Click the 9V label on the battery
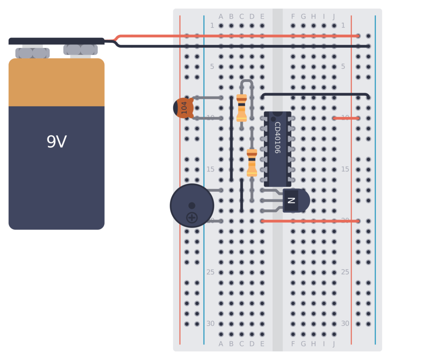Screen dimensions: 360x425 tap(56, 142)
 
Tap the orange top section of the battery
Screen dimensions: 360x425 tap(56, 82)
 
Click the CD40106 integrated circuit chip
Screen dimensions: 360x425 tap(277, 149)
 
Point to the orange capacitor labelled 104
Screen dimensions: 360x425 tap(184, 108)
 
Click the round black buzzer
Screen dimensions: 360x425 tap(192, 206)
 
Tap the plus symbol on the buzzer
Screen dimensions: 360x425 tap(192, 217)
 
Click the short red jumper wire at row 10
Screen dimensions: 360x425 tap(346, 118)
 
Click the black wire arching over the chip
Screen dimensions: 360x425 tap(315, 94)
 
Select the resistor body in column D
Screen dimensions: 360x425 tap(252, 163)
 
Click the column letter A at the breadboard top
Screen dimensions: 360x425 tap(221, 17)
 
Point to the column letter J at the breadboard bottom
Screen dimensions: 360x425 tap(334, 344)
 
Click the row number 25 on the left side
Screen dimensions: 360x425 tap(210, 272)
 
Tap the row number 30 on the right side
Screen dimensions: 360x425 tap(345, 323)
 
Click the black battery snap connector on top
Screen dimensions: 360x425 tap(56, 41)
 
